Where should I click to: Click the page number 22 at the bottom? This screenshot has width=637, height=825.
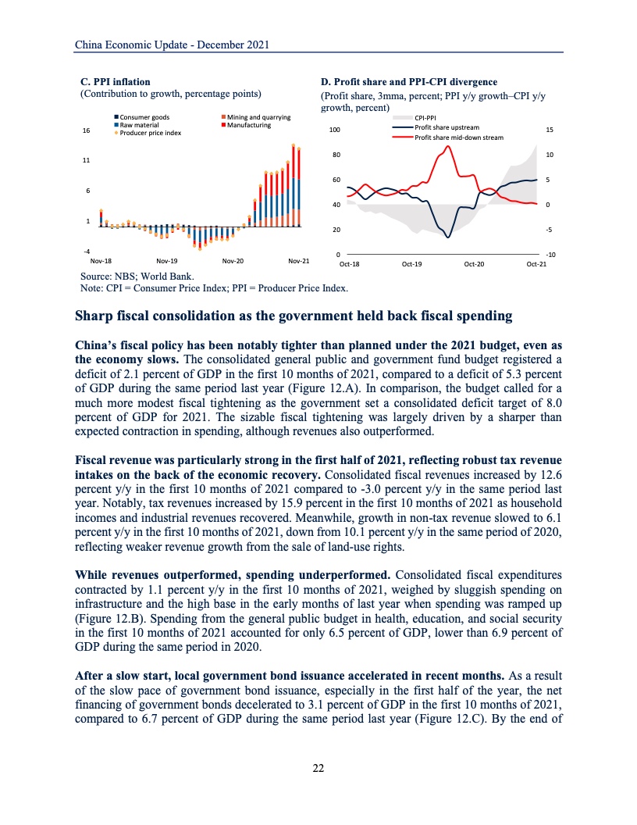coord(318,768)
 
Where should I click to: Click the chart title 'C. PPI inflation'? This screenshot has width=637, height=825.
coord(116,81)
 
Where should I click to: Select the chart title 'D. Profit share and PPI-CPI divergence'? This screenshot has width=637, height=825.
coord(409,82)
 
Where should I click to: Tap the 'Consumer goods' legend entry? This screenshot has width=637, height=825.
coord(140,117)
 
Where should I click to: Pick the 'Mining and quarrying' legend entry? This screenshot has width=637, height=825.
coord(258,117)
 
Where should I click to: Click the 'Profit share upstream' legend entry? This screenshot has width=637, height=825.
coord(445,127)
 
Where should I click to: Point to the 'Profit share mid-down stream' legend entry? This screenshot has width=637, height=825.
coord(457,137)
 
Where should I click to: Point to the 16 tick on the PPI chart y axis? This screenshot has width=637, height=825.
coord(85,131)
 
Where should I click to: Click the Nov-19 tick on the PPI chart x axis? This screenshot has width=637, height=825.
coord(167,260)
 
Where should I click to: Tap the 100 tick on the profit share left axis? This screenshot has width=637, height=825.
coord(334,130)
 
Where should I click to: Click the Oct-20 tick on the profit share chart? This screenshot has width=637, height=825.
coord(474,264)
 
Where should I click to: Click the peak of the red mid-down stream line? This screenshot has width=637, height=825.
coord(448,146)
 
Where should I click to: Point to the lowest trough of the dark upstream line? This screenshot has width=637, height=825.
coord(447,237)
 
